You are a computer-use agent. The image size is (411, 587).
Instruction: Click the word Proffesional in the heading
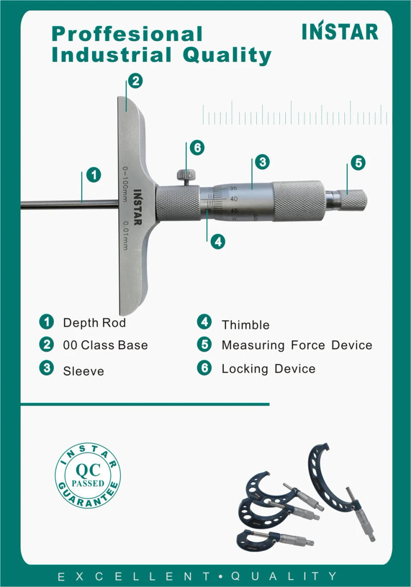127,34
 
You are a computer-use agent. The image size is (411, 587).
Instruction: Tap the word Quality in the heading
227,55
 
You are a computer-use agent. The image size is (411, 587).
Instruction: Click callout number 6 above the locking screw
196,148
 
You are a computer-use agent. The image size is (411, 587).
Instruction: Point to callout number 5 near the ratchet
358,162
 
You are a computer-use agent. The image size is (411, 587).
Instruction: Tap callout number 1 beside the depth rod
93,175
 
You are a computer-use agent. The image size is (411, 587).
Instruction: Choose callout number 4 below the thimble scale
218,242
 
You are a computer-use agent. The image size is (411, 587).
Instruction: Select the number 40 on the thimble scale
234,199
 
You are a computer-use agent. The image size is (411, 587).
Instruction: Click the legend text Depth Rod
94,323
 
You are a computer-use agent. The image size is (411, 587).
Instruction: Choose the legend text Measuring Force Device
296,345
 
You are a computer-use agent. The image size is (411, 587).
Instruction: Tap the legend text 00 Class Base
105,345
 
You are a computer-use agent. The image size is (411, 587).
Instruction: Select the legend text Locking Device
268,369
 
